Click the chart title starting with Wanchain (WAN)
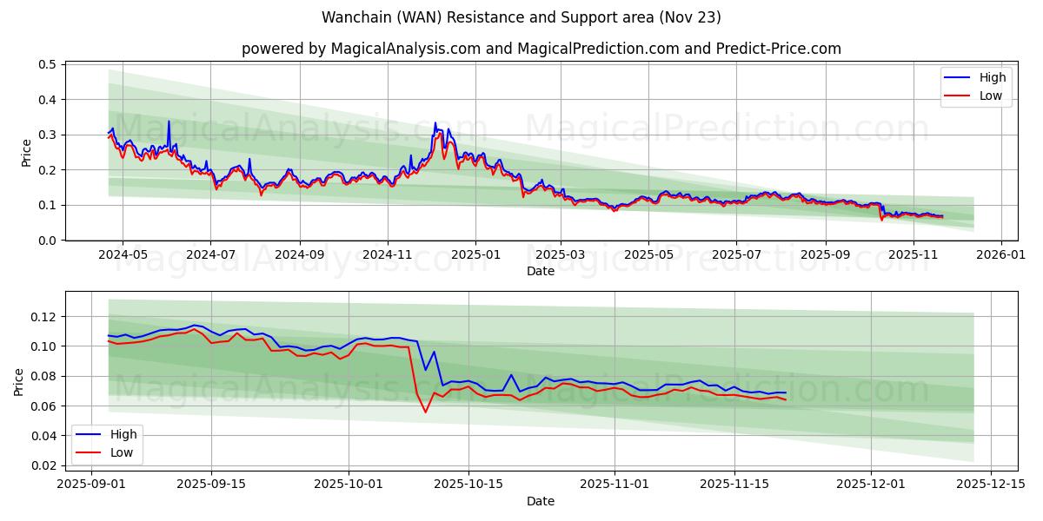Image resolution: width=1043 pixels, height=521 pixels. [521, 17]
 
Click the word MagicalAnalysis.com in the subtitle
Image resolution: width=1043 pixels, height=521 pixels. [406, 49]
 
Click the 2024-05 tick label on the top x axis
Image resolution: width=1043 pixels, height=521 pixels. [122, 255]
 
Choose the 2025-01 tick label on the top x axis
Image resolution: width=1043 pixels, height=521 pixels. [475, 255]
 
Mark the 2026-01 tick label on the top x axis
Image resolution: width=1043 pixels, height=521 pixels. [1001, 255]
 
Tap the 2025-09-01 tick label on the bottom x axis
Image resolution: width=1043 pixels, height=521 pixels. [90, 485]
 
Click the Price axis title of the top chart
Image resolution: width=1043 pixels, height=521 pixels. [26, 152]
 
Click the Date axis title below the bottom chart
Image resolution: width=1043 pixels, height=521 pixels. [540, 501]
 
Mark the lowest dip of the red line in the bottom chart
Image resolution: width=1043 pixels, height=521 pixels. [425, 412]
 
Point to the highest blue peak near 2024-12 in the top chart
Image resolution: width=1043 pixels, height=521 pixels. [435, 123]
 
